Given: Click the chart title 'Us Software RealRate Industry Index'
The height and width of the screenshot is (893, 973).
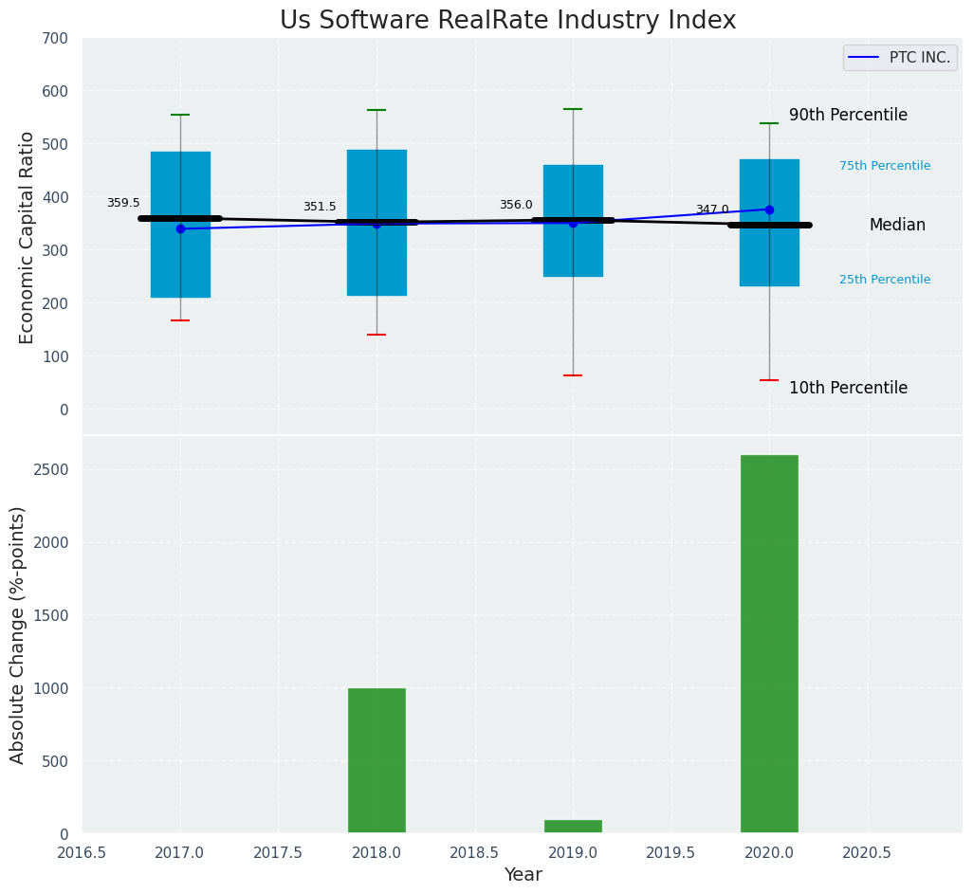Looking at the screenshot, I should (507, 21).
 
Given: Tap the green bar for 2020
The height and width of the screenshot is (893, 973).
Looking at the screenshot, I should (769, 644).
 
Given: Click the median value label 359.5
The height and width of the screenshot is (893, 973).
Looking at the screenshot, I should (123, 203).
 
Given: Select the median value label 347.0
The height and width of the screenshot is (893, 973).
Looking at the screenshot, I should (712, 210).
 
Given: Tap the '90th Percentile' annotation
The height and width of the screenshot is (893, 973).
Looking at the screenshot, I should (848, 115).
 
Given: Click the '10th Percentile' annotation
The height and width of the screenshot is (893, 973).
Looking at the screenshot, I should (848, 388).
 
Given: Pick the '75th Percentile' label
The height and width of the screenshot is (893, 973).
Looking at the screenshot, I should (885, 166).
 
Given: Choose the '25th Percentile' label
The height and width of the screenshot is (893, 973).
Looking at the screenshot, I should (885, 280).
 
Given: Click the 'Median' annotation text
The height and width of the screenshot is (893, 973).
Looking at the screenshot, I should (897, 225).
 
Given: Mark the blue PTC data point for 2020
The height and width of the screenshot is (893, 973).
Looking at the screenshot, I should (769, 210).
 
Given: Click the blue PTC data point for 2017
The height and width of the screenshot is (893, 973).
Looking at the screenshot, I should (180, 228).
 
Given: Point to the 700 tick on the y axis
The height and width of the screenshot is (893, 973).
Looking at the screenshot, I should (55, 38).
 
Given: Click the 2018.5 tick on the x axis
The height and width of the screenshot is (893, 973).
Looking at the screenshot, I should (474, 852).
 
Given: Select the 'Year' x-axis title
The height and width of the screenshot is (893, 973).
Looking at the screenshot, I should (523, 875).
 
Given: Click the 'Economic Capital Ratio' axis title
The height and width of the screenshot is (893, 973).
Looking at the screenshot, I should (27, 237).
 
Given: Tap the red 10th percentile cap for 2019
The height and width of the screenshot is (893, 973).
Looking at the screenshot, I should (573, 375).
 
